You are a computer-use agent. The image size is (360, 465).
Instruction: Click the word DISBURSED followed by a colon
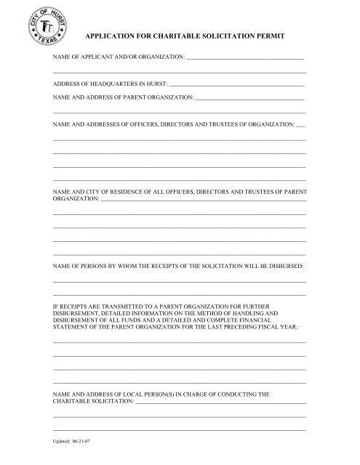tap(283, 267)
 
